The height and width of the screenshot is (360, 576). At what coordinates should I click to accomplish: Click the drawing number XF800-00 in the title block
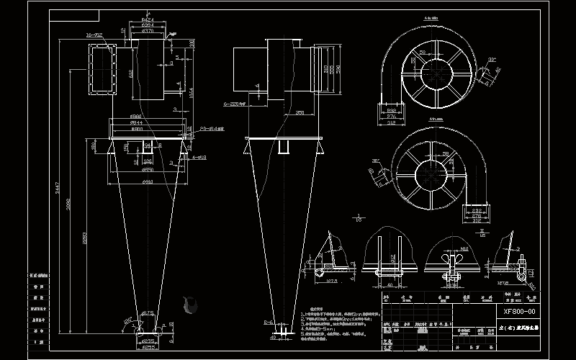click(x=520, y=311)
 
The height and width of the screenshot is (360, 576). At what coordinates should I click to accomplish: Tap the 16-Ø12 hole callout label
click(x=94, y=35)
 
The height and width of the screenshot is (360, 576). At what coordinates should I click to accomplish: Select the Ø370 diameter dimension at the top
click(x=148, y=31)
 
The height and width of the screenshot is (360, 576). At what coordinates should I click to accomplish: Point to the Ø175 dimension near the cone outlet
click(x=148, y=312)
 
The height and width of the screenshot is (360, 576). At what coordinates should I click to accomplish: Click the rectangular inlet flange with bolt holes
click(x=102, y=68)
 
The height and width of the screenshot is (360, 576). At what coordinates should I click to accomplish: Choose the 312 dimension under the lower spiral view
click(x=474, y=221)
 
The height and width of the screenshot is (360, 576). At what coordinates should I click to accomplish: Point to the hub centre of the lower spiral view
click(x=431, y=172)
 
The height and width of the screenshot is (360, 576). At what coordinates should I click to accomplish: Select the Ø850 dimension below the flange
click(x=147, y=170)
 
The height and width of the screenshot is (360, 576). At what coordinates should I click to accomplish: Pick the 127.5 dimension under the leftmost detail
click(x=330, y=282)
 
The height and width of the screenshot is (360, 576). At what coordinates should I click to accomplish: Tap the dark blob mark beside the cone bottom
click(x=190, y=305)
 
